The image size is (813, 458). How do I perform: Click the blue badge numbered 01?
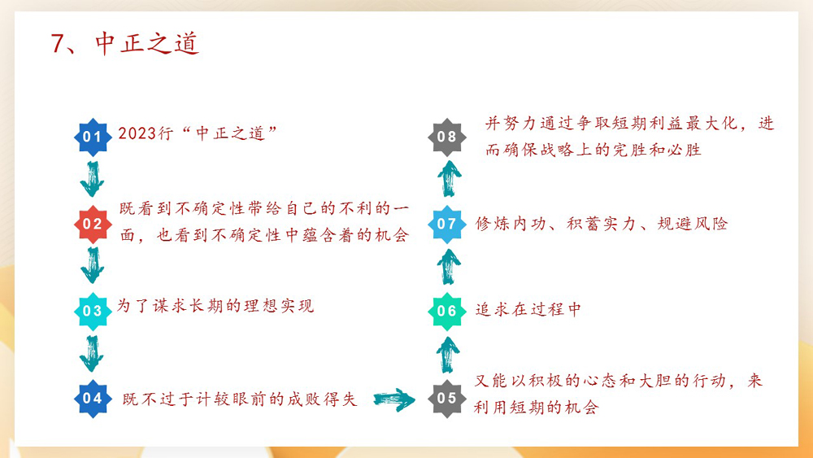[x=93, y=137]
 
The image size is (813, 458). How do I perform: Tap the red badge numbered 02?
[x=93, y=224]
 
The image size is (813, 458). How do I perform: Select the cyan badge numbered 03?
[x=93, y=311]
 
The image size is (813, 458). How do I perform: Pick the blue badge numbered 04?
[x=93, y=398]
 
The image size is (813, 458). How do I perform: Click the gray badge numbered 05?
[x=447, y=398]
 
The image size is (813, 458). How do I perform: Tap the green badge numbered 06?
[x=447, y=311]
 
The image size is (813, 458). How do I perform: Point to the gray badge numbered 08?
[x=447, y=137]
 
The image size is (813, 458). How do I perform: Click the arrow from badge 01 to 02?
[x=93, y=179]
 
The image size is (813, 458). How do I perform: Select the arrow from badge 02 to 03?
[x=93, y=266]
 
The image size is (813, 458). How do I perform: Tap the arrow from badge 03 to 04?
[x=93, y=353]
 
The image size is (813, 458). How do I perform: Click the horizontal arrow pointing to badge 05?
[x=394, y=399]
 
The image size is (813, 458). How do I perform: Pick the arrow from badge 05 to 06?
[x=447, y=355]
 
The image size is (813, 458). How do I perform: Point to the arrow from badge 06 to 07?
[x=447, y=267]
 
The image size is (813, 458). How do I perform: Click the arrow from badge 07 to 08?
[x=447, y=179]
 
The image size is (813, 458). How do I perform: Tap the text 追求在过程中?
[x=528, y=310]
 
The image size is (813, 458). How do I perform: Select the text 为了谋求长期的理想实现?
[x=215, y=307]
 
